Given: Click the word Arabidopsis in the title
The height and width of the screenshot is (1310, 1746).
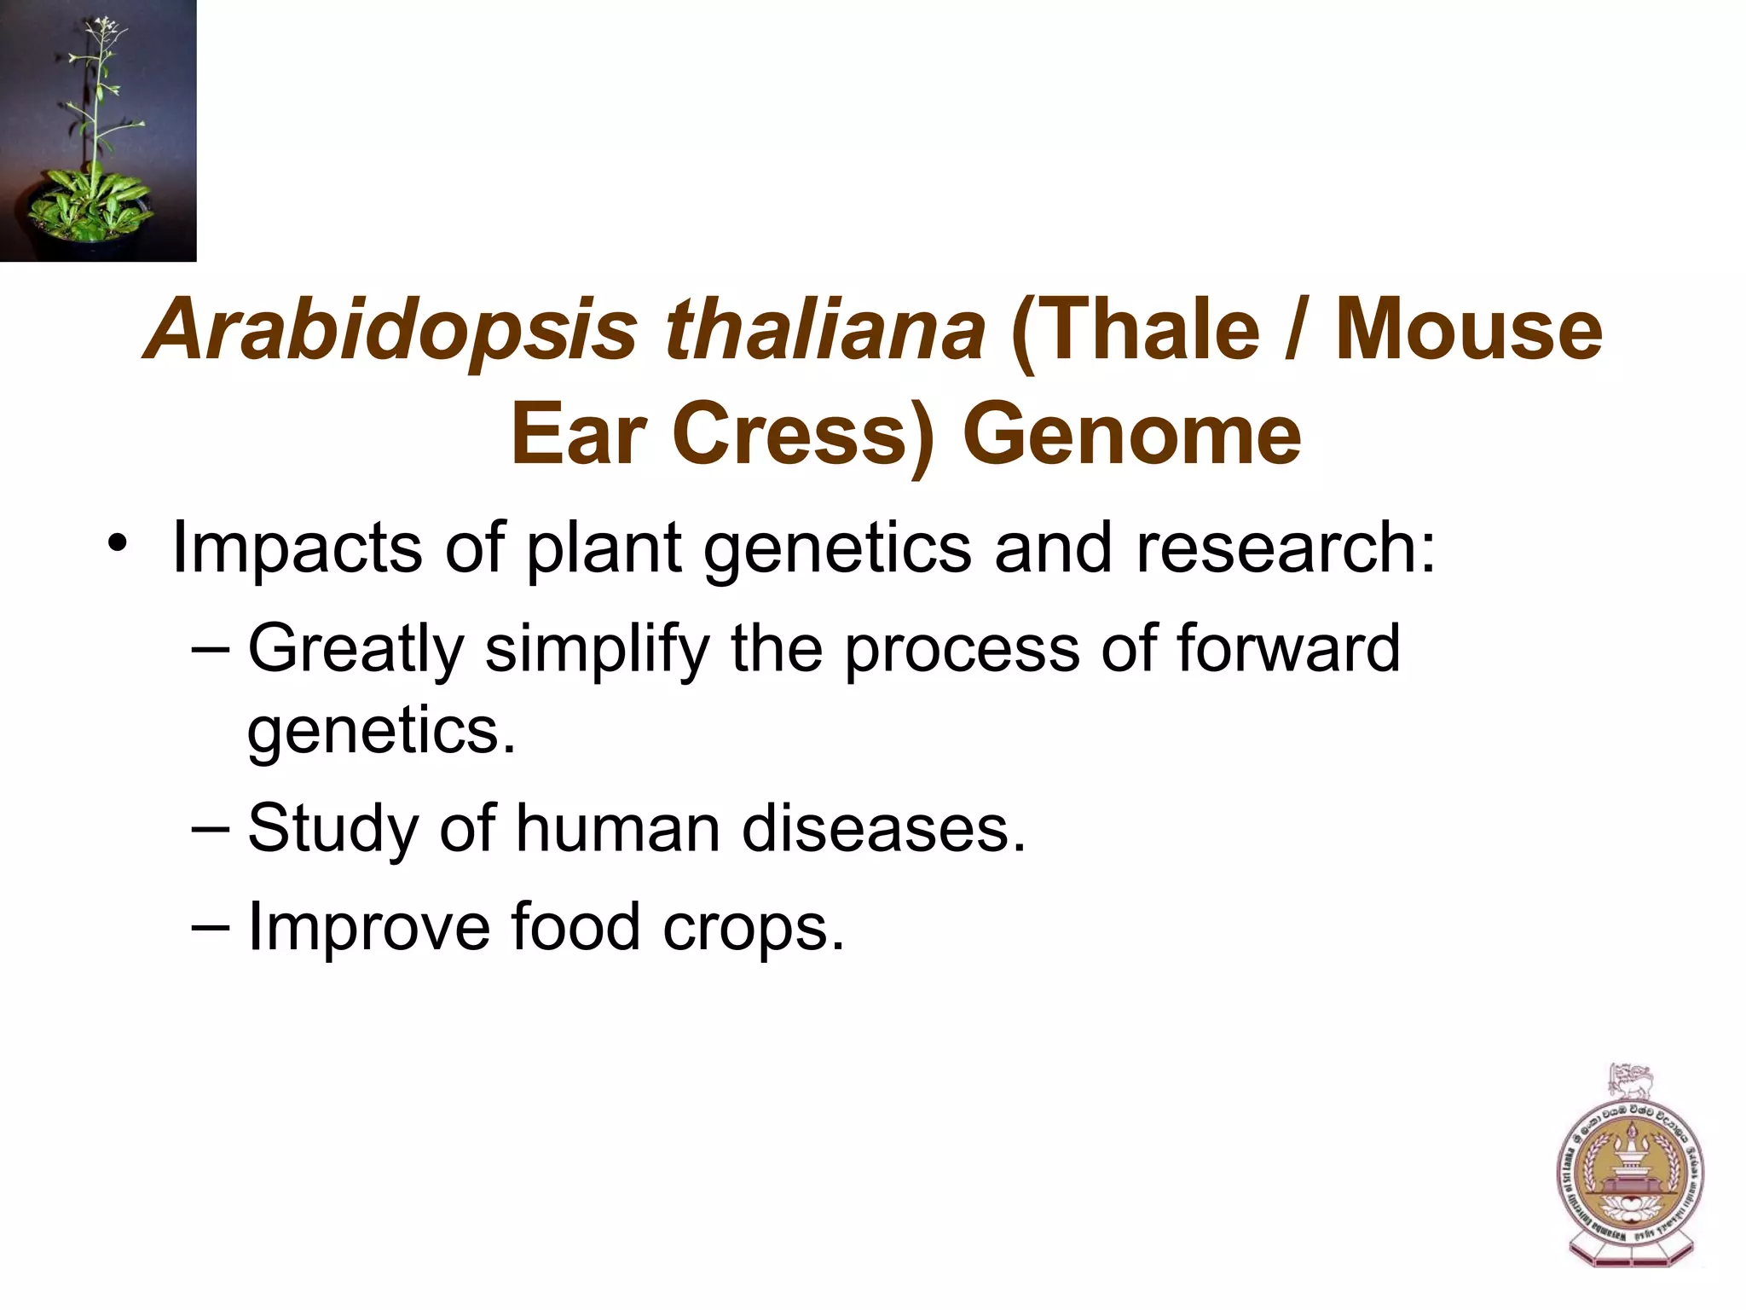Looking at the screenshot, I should coord(392,331).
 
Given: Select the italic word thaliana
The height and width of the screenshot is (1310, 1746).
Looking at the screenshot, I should coord(825,329).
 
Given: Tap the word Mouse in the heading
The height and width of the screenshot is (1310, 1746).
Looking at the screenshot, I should coord(1468,329).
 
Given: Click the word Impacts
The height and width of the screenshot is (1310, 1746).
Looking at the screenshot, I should coord(297,548).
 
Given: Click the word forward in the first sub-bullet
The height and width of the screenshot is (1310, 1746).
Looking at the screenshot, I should coord(1288,648).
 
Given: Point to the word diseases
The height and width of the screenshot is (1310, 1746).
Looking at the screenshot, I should coord(883,828).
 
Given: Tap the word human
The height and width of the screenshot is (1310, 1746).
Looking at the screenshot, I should coord(617,828).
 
